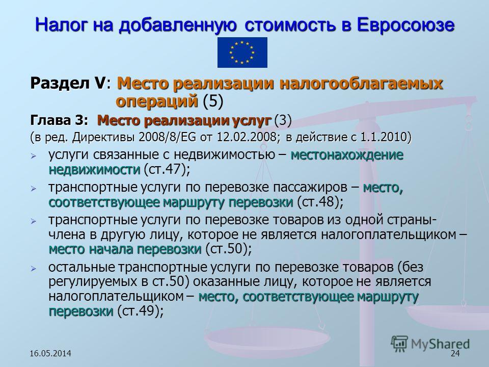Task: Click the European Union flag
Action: coord(242,53)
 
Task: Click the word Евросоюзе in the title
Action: coord(405,24)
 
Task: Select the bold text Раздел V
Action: coord(67,83)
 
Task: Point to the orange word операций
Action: coord(157,101)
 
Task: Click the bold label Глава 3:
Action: coord(59,120)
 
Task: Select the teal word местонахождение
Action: coord(347,155)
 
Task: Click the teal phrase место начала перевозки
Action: coord(125,249)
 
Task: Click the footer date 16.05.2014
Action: coord(50,353)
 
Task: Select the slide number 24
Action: coord(455,353)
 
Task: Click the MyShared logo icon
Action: coord(399,344)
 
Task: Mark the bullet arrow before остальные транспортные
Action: coord(34,268)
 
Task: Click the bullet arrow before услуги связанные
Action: coord(34,156)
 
